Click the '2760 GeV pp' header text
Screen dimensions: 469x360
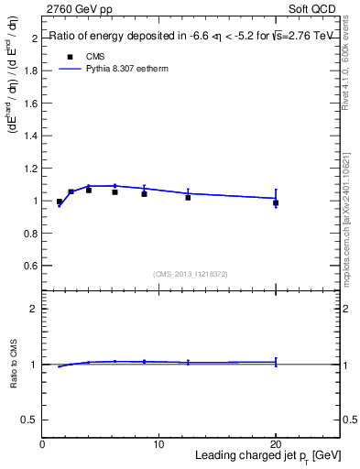[77, 8]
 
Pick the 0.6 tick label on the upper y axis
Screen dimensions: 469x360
[31, 266]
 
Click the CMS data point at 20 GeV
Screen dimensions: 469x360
[276, 203]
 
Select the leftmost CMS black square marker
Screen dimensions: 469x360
[60, 202]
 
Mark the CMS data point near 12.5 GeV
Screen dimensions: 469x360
[188, 197]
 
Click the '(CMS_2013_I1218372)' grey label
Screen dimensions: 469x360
[191, 274]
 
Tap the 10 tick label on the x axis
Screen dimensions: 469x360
[158, 444]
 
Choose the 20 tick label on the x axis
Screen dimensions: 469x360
[276, 444]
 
